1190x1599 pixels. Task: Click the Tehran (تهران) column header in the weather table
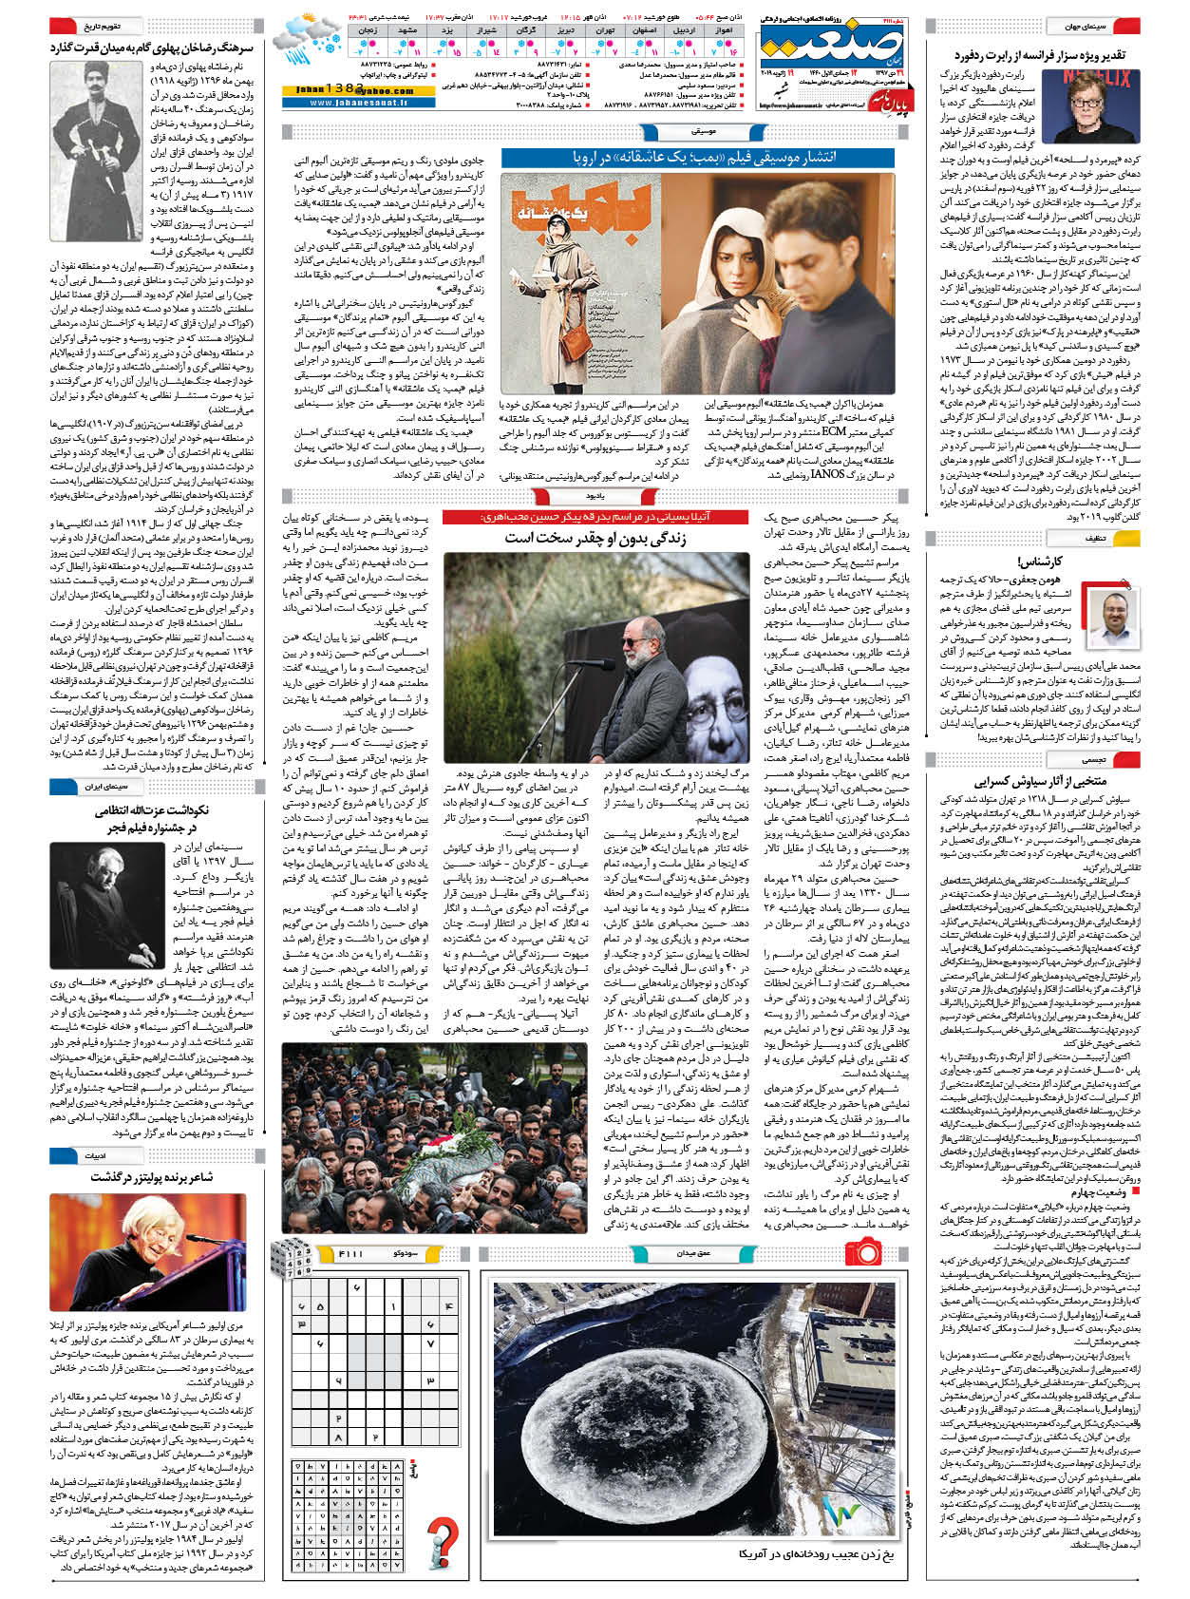604,30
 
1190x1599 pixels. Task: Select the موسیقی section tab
703,131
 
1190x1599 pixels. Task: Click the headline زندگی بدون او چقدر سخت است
595,538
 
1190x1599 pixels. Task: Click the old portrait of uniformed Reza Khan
94,133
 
